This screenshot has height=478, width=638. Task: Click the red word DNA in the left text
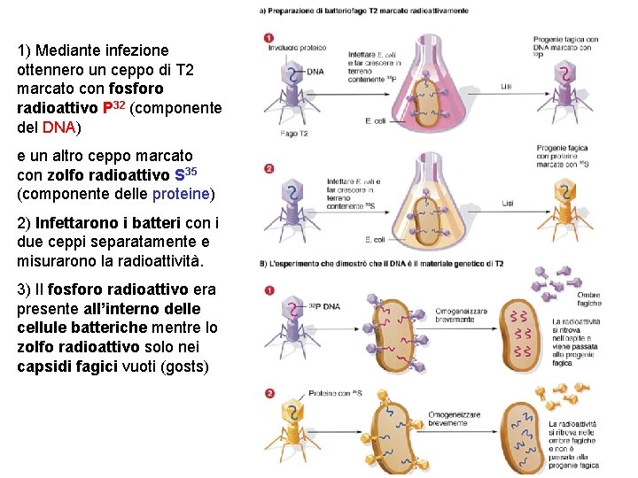click(x=59, y=127)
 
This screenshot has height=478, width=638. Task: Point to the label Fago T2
click(x=293, y=134)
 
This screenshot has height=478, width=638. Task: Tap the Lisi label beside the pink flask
click(x=506, y=86)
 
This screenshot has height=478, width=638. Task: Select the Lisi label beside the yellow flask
click(x=506, y=204)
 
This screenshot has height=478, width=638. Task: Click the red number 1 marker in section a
click(x=268, y=38)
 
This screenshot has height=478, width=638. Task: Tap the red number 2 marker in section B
click(x=268, y=393)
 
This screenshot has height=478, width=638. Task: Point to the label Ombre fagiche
click(x=588, y=299)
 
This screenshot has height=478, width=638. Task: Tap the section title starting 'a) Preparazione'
click(x=363, y=11)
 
